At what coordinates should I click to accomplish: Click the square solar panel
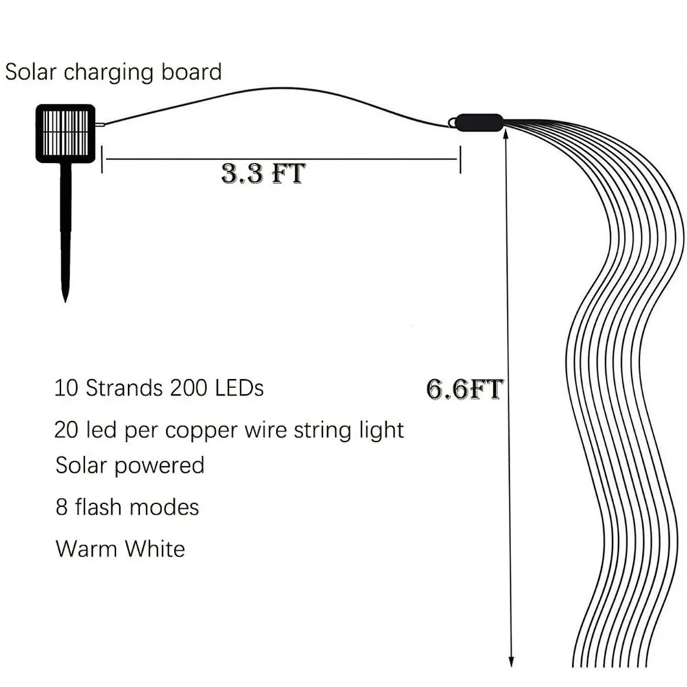[65, 133]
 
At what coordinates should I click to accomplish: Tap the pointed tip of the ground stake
[65, 300]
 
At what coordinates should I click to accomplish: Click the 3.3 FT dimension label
[262, 173]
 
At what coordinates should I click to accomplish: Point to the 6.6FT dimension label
[464, 389]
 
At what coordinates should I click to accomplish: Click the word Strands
[123, 388]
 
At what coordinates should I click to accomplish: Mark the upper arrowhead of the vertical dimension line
[506, 133]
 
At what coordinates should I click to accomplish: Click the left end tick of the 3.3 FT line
[102, 159]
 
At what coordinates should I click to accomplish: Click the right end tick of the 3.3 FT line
[459, 159]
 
